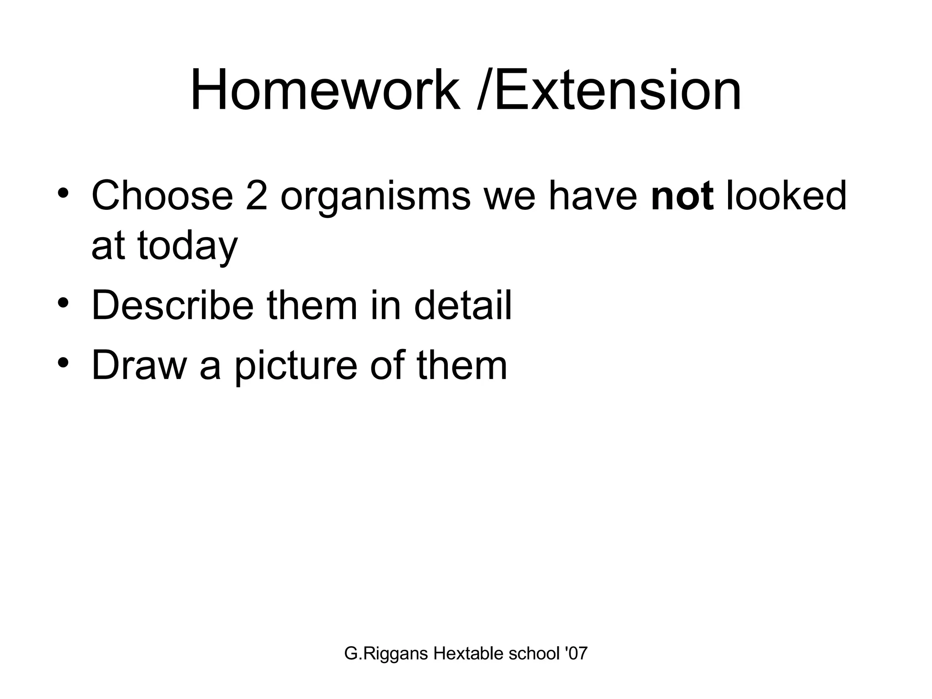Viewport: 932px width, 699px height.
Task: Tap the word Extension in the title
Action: pos(618,90)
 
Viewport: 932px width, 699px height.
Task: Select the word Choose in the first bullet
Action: pos(162,196)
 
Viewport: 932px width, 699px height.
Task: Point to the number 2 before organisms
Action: pos(256,196)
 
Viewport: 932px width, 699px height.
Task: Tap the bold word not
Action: pos(682,197)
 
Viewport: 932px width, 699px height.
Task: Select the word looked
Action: pos(786,196)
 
